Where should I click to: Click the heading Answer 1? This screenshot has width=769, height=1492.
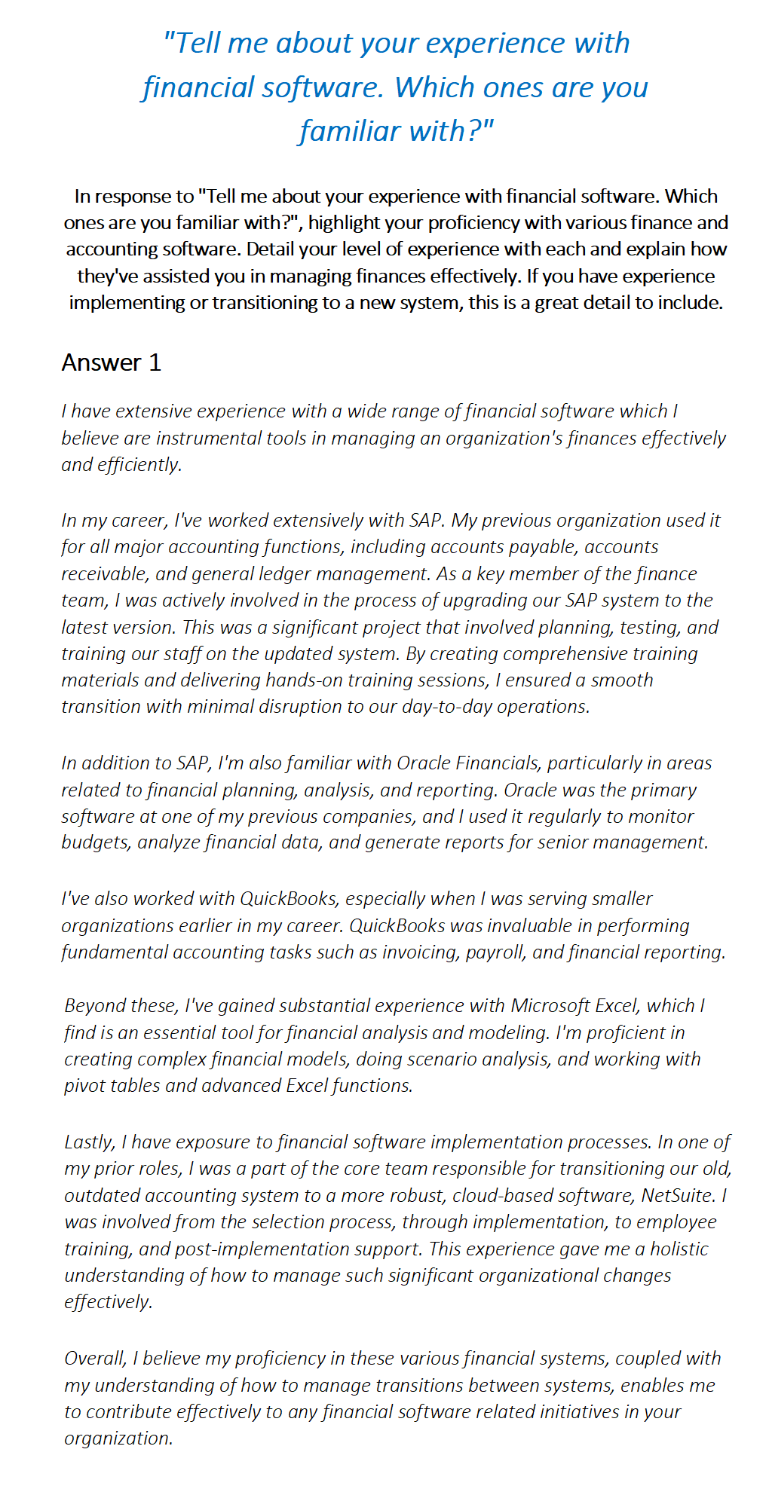[x=111, y=362]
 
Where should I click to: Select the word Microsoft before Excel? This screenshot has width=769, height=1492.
[x=550, y=1005]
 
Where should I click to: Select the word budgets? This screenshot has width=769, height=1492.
[x=95, y=842]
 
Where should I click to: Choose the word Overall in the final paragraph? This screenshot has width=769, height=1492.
[x=95, y=1358]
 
